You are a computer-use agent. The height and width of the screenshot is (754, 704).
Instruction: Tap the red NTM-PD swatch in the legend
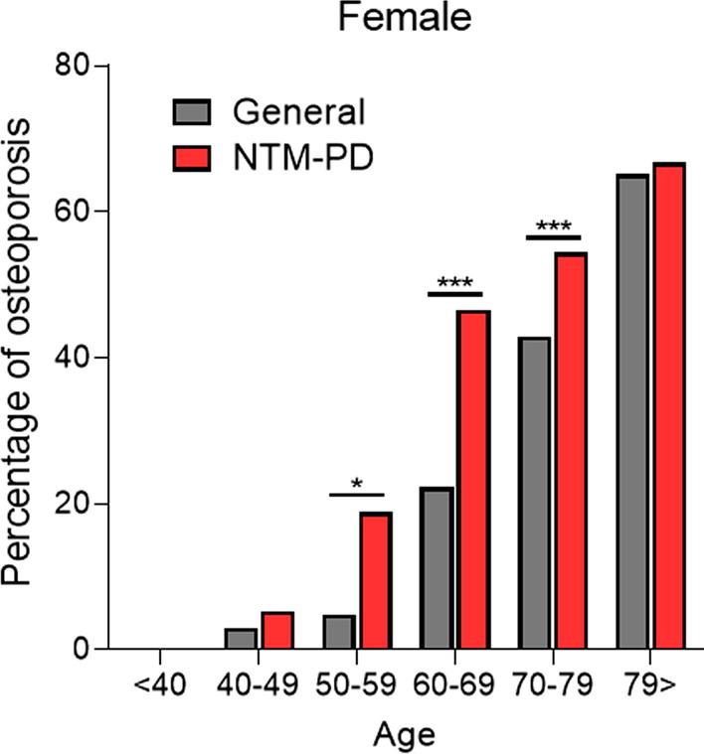(x=191, y=155)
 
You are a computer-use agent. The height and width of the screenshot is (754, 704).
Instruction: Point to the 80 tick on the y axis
(x=94, y=67)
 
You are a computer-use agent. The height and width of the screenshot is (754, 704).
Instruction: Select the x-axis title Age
(x=404, y=735)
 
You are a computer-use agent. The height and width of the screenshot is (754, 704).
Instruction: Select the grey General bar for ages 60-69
(x=437, y=568)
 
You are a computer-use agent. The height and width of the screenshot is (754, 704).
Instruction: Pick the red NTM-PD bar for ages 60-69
(x=472, y=480)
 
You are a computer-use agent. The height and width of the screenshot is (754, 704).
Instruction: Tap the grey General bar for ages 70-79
(x=534, y=494)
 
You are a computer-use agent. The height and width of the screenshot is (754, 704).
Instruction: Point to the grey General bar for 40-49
(x=241, y=639)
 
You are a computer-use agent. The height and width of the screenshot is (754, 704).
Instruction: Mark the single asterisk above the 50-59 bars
(x=356, y=484)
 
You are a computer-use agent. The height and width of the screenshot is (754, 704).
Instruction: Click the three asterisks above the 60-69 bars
(x=454, y=282)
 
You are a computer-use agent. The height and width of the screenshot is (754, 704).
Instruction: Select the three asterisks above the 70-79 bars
(x=552, y=226)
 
